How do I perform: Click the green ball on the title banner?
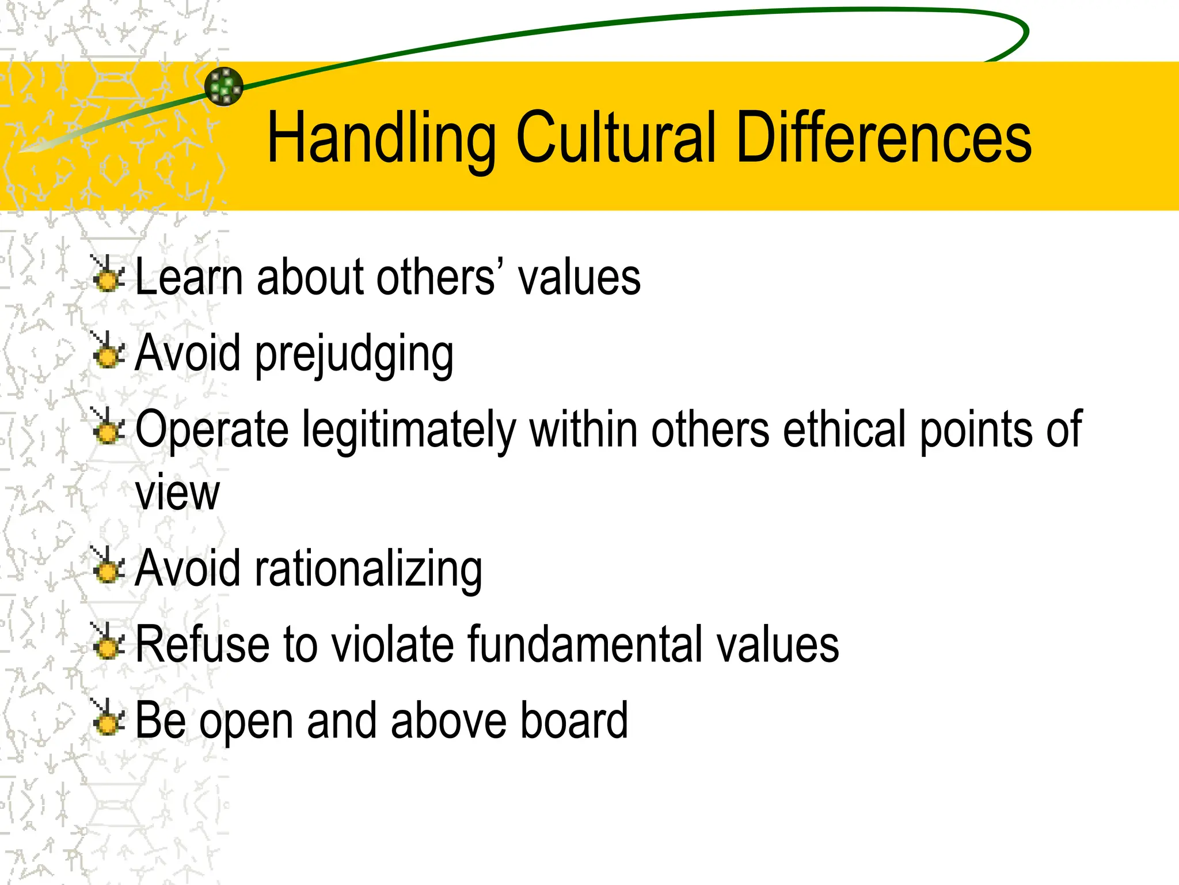coord(224,86)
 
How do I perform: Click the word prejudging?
coord(354,354)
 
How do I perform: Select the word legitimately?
coord(409,430)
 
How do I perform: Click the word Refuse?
coord(202,644)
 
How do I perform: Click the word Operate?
coord(212,430)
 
